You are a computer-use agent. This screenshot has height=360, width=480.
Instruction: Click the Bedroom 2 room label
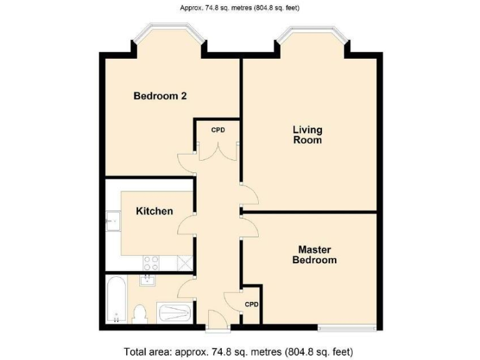coord(161,96)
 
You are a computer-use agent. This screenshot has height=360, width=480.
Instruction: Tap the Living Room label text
coord(307,135)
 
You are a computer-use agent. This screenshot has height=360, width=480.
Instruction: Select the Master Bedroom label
coord(314,254)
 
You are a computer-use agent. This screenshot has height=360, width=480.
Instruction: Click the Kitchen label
coord(154,211)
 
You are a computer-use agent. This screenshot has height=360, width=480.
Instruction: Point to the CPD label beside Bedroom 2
coord(217,130)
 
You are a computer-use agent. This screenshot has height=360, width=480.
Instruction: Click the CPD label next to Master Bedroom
coord(251,305)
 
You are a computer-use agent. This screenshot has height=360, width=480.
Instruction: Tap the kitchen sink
coord(113,221)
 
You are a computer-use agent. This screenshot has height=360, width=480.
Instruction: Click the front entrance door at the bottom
coord(217,321)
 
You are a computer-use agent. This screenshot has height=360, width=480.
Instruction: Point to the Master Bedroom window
coord(347,327)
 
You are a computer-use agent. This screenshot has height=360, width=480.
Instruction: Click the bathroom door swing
coord(186,289)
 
